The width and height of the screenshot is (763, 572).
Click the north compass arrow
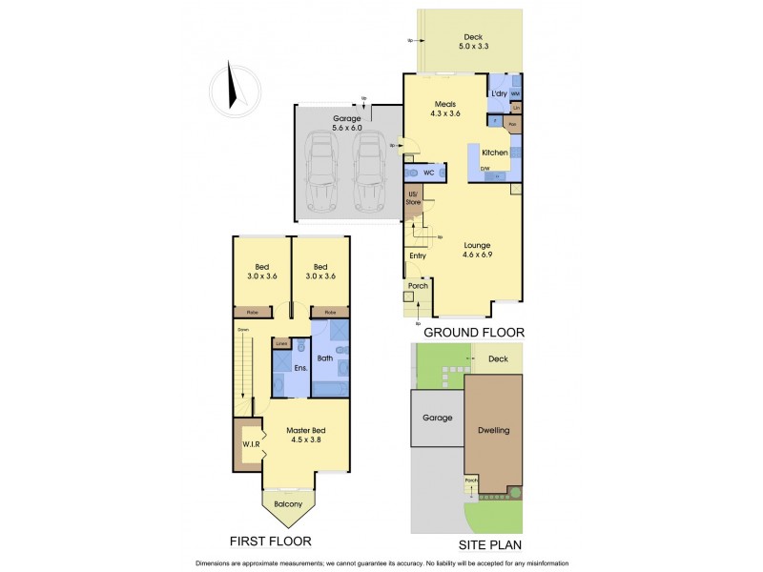(x=231, y=85)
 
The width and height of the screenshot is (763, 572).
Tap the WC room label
(x=429, y=174)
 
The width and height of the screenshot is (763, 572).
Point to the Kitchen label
(x=494, y=153)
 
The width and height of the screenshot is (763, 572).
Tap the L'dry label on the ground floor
(x=499, y=93)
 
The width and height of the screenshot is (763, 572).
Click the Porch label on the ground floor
(x=417, y=286)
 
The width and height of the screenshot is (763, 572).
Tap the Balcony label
(x=287, y=504)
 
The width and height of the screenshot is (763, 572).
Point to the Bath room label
(x=324, y=358)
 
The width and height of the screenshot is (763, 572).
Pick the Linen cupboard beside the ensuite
(x=281, y=343)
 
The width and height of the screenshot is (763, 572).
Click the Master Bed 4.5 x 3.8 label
(x=307, y=436)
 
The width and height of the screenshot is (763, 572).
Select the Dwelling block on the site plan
(x=494, y=430)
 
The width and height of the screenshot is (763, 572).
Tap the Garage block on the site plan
(x=437, y=418)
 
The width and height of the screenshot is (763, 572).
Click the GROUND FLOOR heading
(x=474, y=332)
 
